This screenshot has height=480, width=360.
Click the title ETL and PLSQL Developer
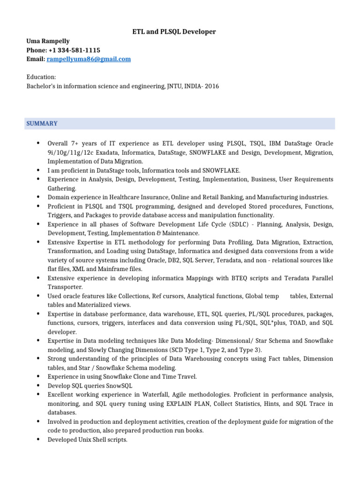pyautogui.click(x=173, y=31)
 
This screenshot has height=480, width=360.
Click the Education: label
pyautogui.click(x=41, y=77)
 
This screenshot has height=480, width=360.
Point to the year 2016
pyautogui.click(x=211, y=86)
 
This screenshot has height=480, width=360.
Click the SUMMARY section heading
pyautogui.click(x=42, y=123)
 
